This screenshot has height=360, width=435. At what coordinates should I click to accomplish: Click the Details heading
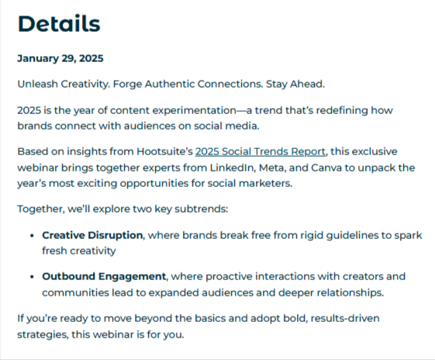(59, 24)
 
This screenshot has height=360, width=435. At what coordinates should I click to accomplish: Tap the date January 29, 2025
(60, 58)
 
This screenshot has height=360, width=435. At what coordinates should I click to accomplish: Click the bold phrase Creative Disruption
(92, 235)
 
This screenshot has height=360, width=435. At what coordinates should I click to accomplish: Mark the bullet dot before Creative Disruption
(31, 235)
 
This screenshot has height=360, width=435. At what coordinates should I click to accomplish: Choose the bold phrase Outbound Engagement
(104, 276)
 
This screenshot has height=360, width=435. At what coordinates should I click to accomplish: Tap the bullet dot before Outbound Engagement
(31, 276)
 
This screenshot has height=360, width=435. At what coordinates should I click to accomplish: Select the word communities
(74, 292)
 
